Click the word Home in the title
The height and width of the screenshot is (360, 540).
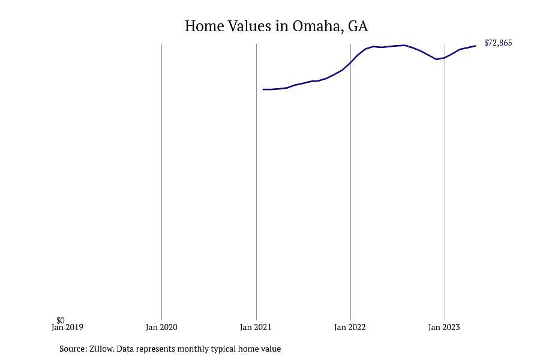point(204,26)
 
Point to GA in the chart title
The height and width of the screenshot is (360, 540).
point(358,26)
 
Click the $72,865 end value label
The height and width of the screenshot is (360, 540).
point(498,43)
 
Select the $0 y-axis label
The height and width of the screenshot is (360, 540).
point(61,320)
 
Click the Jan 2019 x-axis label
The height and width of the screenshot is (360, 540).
point(67,327)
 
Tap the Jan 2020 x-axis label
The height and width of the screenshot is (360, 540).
point(161,327)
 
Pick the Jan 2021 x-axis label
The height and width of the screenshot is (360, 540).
point(256,327)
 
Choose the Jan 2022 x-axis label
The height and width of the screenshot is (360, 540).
point(350,327)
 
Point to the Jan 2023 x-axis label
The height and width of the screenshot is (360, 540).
point(444,327)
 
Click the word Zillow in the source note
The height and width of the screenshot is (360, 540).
point(101,349)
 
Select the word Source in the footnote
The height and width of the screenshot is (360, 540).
point(73,349)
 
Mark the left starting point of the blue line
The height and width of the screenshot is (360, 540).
point(263,89)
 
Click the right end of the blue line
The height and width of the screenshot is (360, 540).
point(475,46)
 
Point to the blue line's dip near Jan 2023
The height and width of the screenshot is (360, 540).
point(437,59)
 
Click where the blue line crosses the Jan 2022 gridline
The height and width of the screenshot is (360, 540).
point(350,62)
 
